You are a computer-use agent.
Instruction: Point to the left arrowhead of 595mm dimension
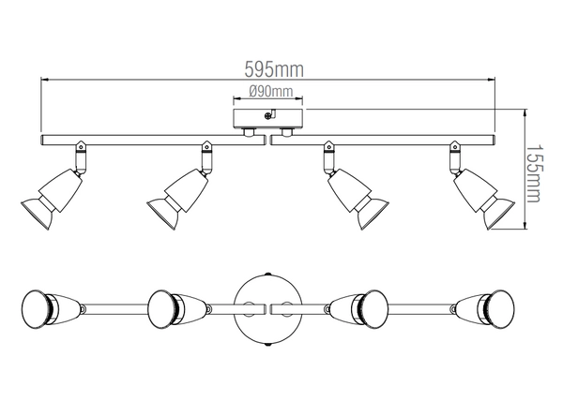pyautogui.click(x=44, y=81)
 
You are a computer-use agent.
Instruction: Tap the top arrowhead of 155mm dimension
pyautogui.click(x=524, y=111)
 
